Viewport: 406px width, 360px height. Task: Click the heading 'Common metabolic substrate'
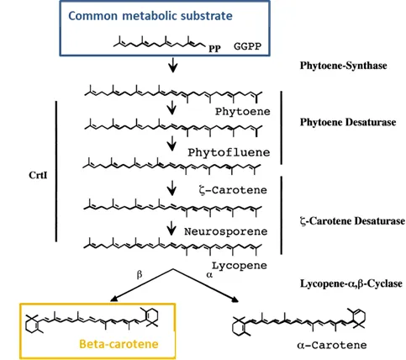click(x=150, y=16)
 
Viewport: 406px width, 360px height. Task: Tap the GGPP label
click(x=247, y=46)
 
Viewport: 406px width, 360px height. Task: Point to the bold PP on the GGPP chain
click(x=214, y=49)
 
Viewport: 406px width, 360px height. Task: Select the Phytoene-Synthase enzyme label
click(x=344, y=66)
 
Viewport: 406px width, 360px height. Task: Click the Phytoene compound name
click(x=243, y=112)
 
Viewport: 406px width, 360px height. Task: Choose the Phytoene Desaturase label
click(x=348, y=122)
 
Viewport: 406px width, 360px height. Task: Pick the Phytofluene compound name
click(x=229, y=152)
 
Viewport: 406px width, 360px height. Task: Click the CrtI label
click(x=38, y=175)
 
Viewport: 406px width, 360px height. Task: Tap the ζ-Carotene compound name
click(x=233, y=190)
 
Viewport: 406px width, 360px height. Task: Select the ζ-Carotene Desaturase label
click(x=352, y=221)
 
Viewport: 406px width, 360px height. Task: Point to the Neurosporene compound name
click(x=226, y=231)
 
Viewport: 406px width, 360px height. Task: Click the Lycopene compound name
click(x=240, y=266)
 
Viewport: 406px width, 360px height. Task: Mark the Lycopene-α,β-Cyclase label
click(x=351, y=283)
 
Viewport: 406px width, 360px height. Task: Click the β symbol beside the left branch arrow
click(x=140, y=274)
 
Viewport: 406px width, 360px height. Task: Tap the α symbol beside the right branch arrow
click(x=209, y=275)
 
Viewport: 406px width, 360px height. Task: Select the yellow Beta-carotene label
click(x=119, y=344)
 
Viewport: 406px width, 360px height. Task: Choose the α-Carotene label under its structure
click(x=332, y=345)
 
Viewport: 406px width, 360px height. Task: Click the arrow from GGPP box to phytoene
click(x=173, y=65)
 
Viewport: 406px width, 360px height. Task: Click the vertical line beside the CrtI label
click(x=56, y=171)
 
